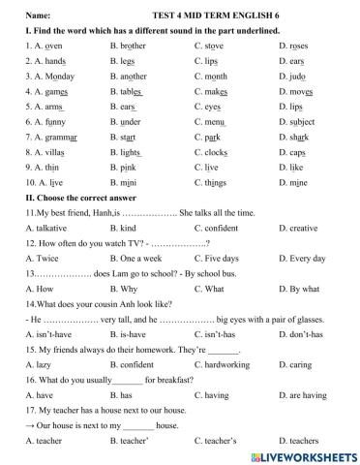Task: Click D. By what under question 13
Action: (298, 342)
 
